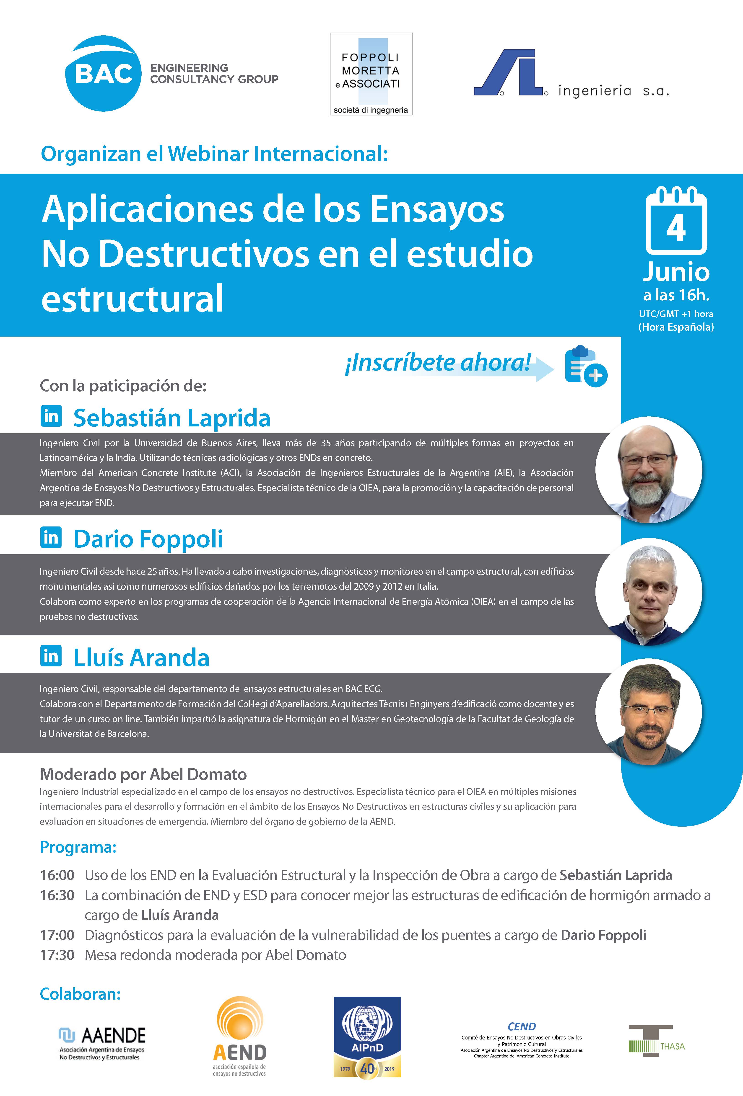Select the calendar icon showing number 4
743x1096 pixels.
676,221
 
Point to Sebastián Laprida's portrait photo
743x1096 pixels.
649,470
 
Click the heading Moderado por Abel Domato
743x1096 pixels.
143,774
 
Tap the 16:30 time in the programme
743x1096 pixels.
57,895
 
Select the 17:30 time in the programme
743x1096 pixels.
57,955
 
